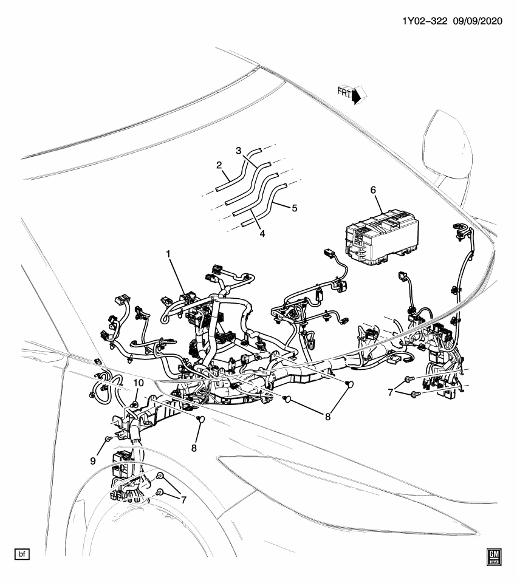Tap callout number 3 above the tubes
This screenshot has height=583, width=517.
coord(239,150)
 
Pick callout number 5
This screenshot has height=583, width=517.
coord(294,208)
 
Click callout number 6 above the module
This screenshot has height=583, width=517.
coord(374,190)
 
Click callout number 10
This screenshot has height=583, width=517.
coord(139,383)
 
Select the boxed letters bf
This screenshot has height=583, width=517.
coord(21,554)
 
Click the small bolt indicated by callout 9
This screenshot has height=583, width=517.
coord(108,439)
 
